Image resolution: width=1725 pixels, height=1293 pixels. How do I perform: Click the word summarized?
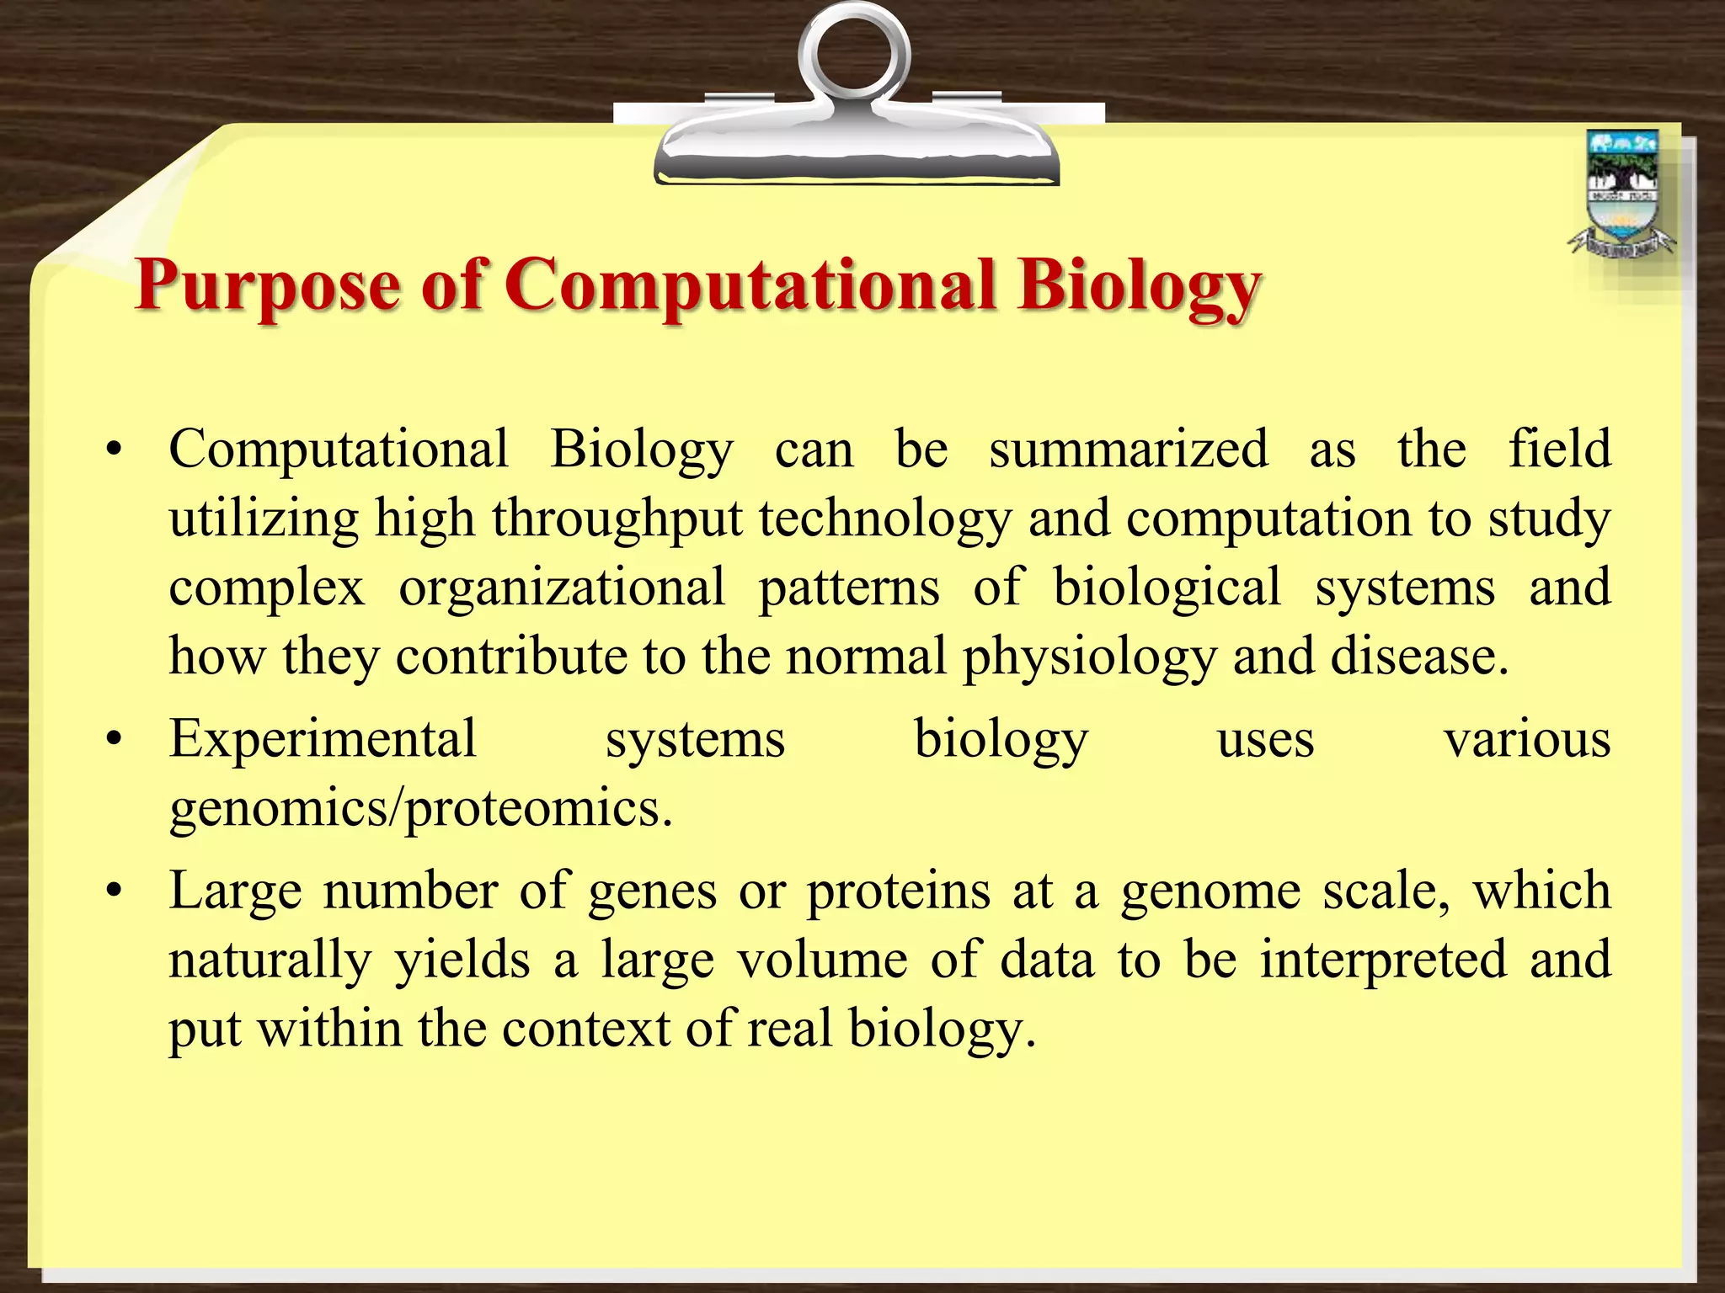[1128, 449]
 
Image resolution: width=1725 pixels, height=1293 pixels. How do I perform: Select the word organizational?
[561, 587]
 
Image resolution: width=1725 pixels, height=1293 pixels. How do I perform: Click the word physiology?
[1088, 657]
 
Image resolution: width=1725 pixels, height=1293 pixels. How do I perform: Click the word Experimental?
[323, 739]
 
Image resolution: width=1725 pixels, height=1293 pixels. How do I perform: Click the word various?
[1526, 739]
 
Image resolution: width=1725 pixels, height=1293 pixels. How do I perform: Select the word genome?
[1210, 891]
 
